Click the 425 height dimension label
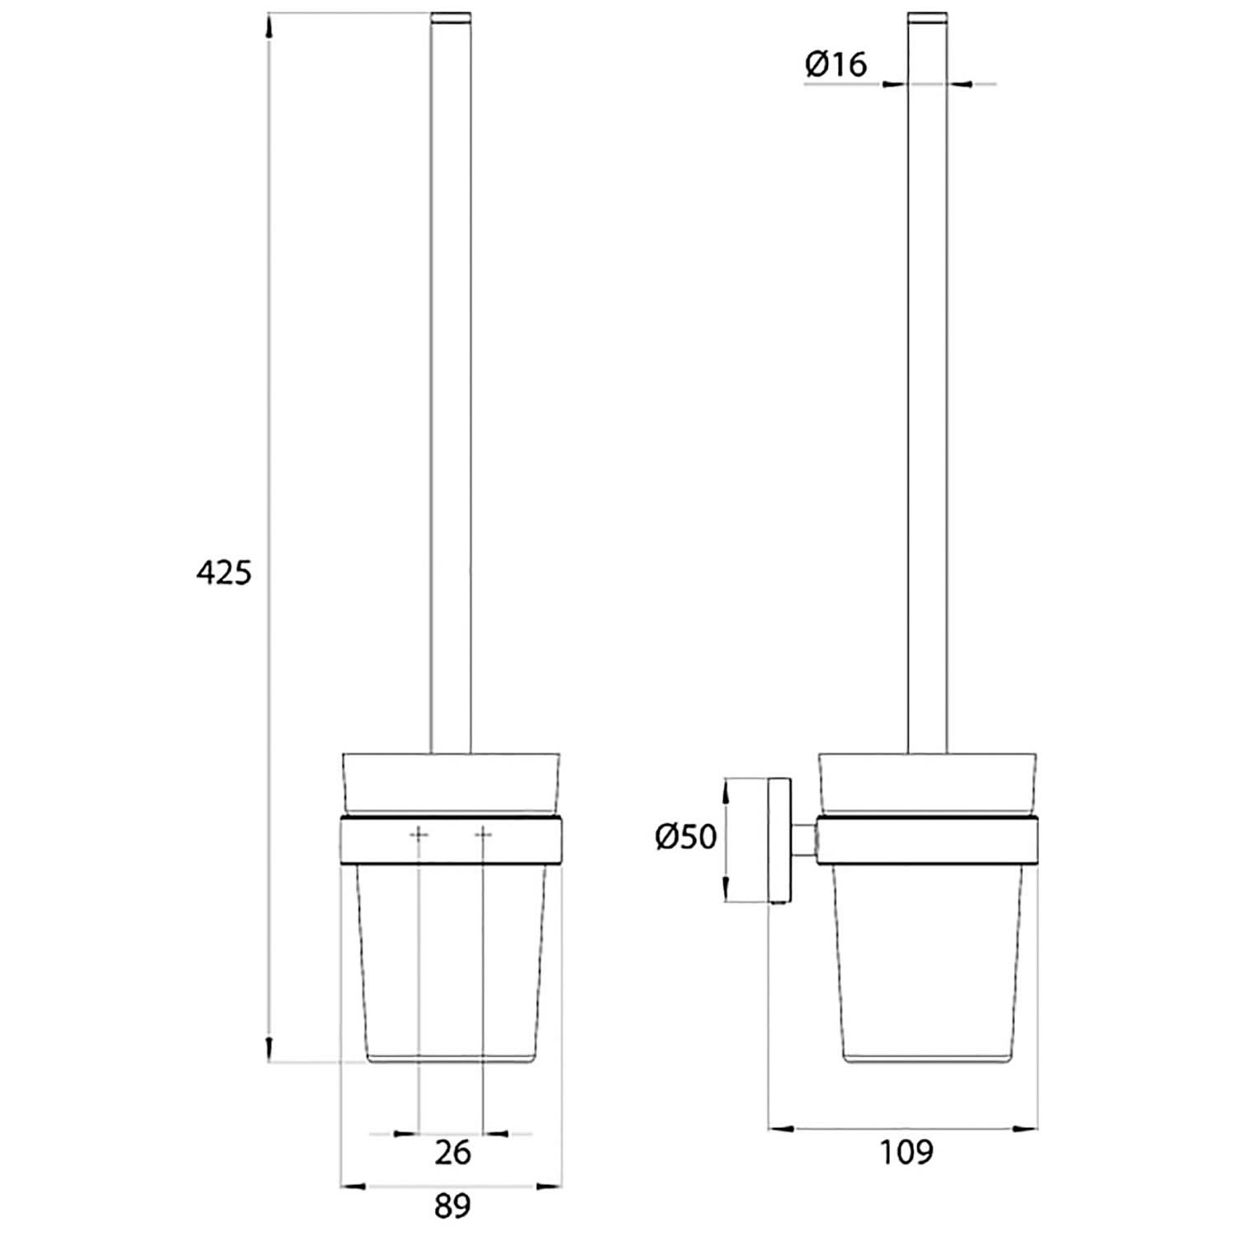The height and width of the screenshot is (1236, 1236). pyautogui.click(x=223, y=571)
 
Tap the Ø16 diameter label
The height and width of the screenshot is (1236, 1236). pyautogui.click(x=836, y=64)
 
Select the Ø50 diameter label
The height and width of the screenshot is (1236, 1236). pyautogui.click(x=686, y=837)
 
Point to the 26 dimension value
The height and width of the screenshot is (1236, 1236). pyautogui.click(x=452, y=1152)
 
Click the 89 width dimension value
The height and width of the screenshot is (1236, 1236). pyautogui.click(x=452, y=1206)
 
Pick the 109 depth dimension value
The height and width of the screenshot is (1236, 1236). pyautogui.click(x=906, y=1152)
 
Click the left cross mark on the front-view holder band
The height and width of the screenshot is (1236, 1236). pyautogui.click(x=419, y=836)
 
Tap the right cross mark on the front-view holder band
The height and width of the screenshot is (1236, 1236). pyautogui.click(x=484, y=836)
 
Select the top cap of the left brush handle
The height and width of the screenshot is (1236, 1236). pyautogui.click(x=451, y=18)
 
